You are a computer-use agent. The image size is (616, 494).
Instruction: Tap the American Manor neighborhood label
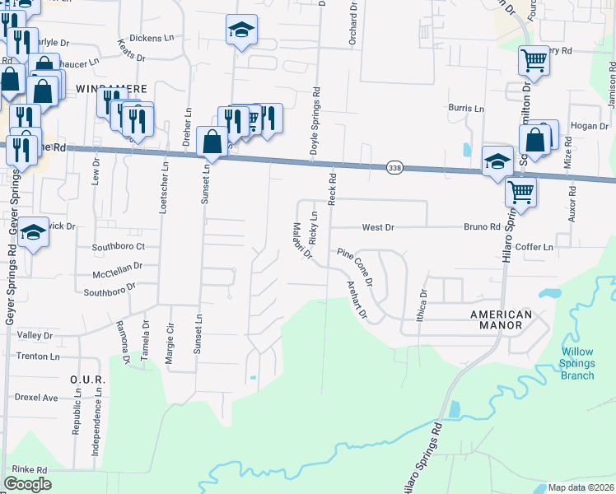pyautogui.click(x=501, y=319)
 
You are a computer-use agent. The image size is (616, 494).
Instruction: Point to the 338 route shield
pyautogui.click(x=394, y=168)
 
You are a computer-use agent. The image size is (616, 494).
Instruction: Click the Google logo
pyautogui.click(x=27, y=483)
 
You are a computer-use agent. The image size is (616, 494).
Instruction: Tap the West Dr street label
pyautogui.click(x=379, y=226)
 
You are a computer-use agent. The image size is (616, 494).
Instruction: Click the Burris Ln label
pyautogui.click(x=465, y=108)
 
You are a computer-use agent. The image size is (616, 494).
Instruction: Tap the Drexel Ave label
pyautogui.click(x=36, y=397)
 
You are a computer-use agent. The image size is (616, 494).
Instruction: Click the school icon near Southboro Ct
pyautogui.click(x=33, y=232)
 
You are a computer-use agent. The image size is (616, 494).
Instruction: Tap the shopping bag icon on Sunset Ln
pyautogui.click(x=212, y=141)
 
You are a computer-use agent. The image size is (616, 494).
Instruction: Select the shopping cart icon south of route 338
pyautogui.click(x=520, y=191)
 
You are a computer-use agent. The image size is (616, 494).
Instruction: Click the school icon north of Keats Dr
pyautogui.click(x=241, y=30)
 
